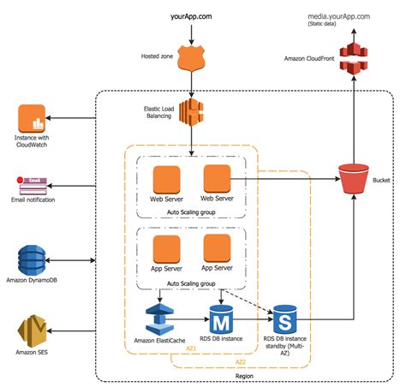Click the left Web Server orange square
click(x=165, y=180)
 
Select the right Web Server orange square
click(x=218, y=179)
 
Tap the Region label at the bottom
click(x=245, y=374)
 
